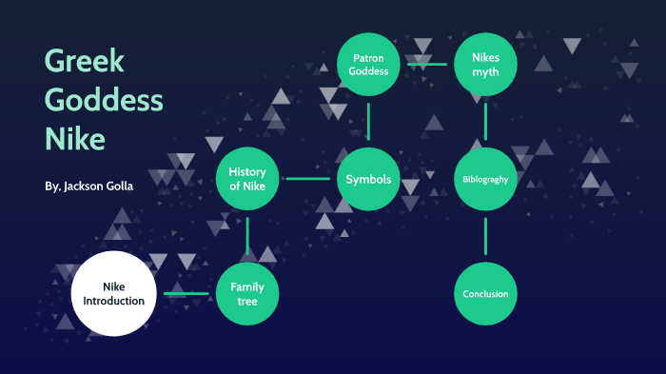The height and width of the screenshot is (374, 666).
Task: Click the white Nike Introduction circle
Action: (114, 294)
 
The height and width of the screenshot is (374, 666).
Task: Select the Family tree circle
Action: (247, 294)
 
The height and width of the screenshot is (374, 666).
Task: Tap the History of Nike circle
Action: (247, 179)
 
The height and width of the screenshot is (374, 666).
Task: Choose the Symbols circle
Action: (368, 179)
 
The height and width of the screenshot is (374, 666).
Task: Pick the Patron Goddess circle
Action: (368, 64)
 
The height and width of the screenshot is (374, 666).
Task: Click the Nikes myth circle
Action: (485, 64)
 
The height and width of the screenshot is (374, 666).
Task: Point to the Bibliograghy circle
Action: (485, 179)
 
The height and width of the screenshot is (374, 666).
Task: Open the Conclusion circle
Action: (485, 294)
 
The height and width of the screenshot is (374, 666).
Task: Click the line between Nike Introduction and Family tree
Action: (186, 294)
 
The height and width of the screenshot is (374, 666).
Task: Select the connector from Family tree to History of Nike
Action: (247, 236)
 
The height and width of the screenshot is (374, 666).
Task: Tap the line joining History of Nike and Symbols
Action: (308, 179)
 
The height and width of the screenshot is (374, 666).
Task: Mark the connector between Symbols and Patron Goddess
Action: (368, 122)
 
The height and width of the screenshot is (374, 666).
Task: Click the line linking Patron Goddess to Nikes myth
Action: (427, 64)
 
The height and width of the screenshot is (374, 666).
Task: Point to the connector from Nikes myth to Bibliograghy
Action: (485, 122)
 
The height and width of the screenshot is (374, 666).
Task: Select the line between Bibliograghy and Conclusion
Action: (485, 236)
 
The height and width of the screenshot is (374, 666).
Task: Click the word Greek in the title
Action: (84, 60)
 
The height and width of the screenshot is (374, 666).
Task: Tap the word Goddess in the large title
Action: (104, 100)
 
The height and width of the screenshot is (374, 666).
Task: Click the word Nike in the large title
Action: (75, 139)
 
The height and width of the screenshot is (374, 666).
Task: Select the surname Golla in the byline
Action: (120, 187)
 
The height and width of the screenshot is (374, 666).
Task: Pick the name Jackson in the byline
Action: (84, 187)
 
